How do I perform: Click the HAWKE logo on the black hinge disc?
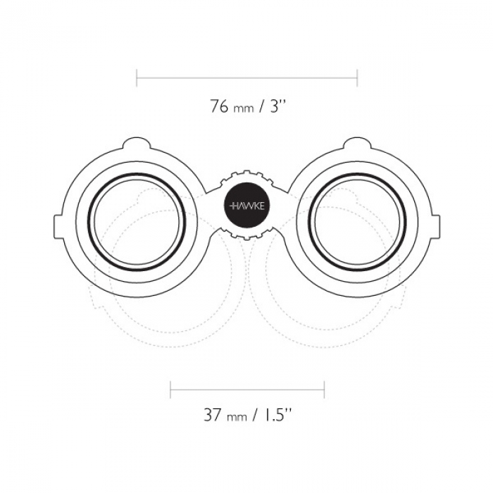(x=247, y=206)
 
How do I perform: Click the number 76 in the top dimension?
(x=219, y=106)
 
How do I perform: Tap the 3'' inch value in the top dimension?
(x=277, y=106)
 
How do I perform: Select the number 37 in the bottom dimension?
(x=213, y=415)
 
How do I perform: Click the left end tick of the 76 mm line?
(x=137, y=77)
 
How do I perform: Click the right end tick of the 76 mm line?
(x=357, y=77)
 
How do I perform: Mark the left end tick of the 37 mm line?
(x=170, y=390)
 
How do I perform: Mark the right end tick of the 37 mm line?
(x=324, y=390)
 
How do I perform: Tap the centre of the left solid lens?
(x=137, y=221)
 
